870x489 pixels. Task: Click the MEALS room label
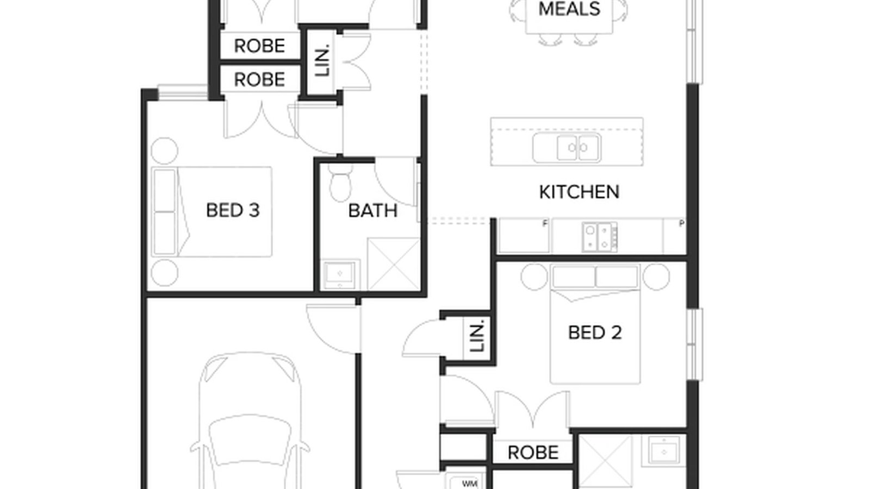click(x=569, y=9)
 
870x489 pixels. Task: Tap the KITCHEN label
click(x=579, y=192)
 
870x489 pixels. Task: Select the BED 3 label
click(x=232, y=210)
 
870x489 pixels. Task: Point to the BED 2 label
click(x=594, y=333)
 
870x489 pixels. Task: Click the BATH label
click(x=372, y=211)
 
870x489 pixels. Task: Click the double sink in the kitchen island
click(x=567, y=147)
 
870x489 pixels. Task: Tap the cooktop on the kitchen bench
click(x=600, y=237)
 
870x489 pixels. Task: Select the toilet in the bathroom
click(x=341, y=185)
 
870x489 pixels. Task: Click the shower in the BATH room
click(x=394, y=264)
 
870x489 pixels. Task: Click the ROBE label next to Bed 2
click(x=532, y=453)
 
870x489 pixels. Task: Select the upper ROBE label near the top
click(x=259, y=46)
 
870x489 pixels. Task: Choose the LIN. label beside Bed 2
click(x=477, y=337)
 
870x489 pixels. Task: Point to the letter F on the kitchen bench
click(x=545, y=223)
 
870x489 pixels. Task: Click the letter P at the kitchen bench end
click(x=681, y=223)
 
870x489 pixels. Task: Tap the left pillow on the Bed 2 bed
click(x=573, y=277)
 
